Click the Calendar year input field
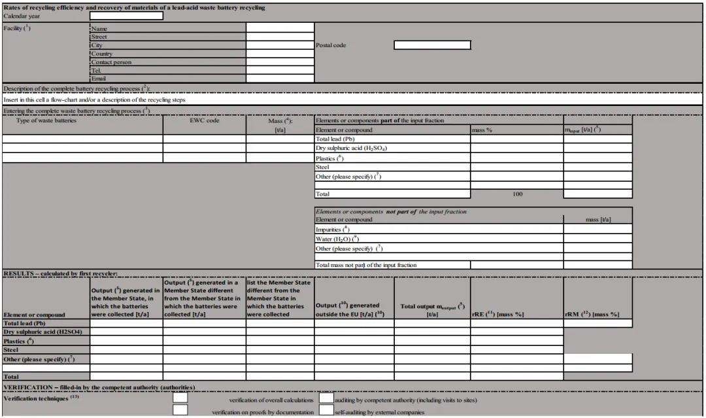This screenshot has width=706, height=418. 126,16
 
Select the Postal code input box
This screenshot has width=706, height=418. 432,45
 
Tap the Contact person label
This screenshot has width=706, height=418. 111,62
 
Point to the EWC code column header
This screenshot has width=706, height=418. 205,120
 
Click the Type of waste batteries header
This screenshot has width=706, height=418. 46,120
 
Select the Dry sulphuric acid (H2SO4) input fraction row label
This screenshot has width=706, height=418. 351,148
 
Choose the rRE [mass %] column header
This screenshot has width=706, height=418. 497,315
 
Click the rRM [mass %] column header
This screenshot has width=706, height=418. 592,315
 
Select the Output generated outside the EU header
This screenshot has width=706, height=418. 353,309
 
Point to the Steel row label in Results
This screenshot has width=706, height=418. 11,350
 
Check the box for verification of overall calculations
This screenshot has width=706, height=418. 180,397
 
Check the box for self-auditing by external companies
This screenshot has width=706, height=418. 326,410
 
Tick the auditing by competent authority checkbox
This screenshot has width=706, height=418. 326,397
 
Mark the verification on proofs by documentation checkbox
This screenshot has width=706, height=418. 180,410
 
